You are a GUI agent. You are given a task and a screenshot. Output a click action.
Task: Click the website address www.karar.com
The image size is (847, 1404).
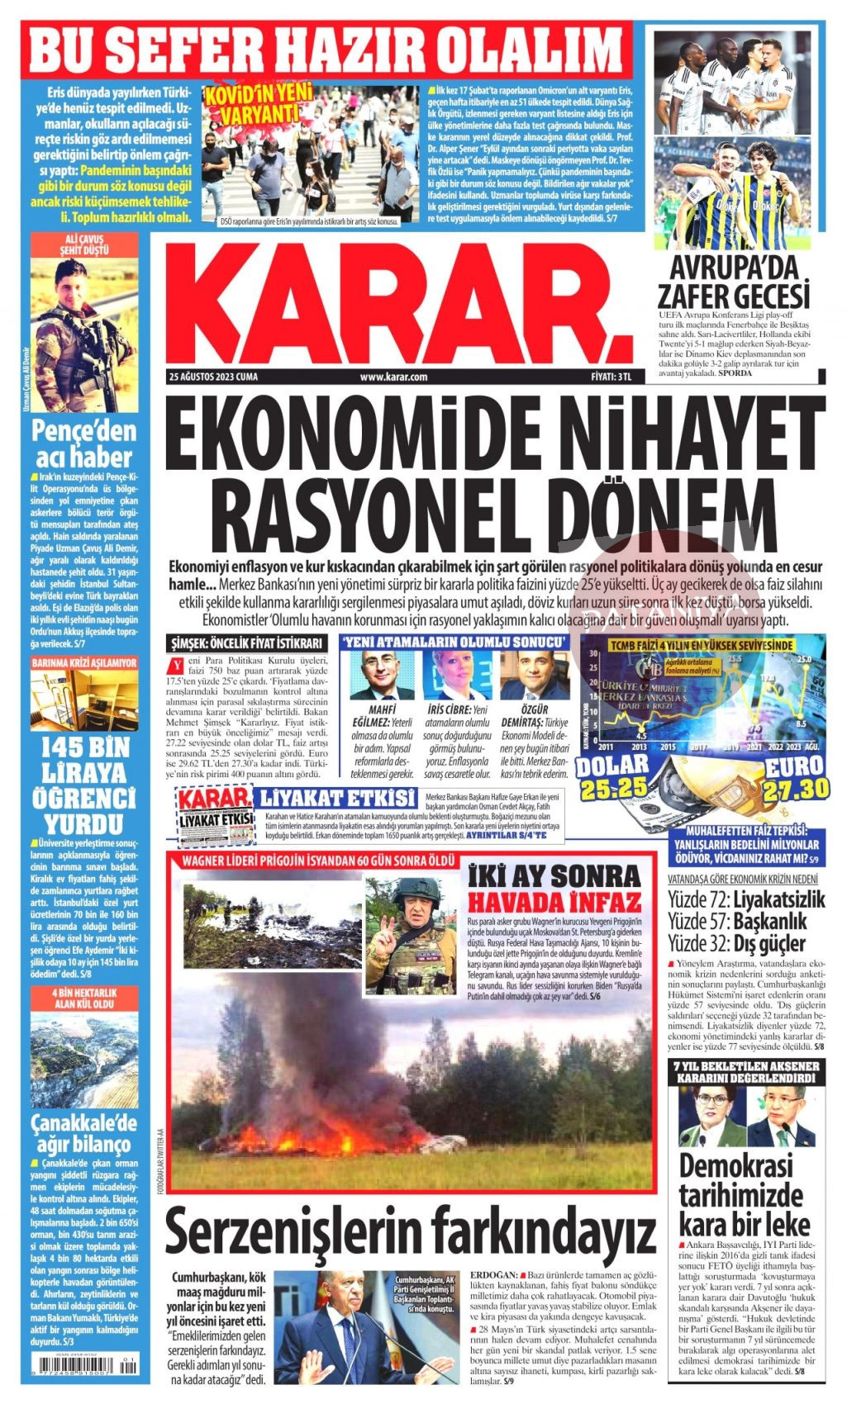[393, 377]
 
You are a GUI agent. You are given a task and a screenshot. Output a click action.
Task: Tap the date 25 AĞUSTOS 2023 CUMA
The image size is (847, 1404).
[213, 377]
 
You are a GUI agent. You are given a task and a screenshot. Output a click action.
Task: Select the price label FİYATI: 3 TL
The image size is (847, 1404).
[611, 377]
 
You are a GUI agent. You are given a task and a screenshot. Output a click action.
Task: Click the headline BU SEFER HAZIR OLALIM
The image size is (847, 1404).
[329, 48]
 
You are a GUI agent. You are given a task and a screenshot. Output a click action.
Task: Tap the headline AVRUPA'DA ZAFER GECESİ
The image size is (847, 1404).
[733, 282]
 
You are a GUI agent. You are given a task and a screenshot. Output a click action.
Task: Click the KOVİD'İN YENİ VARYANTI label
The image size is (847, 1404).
[253, 103]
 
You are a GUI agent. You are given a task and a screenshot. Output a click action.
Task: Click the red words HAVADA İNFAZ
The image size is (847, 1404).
[554, 901]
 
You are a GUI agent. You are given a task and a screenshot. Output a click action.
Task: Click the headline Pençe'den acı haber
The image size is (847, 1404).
[83, 443]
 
